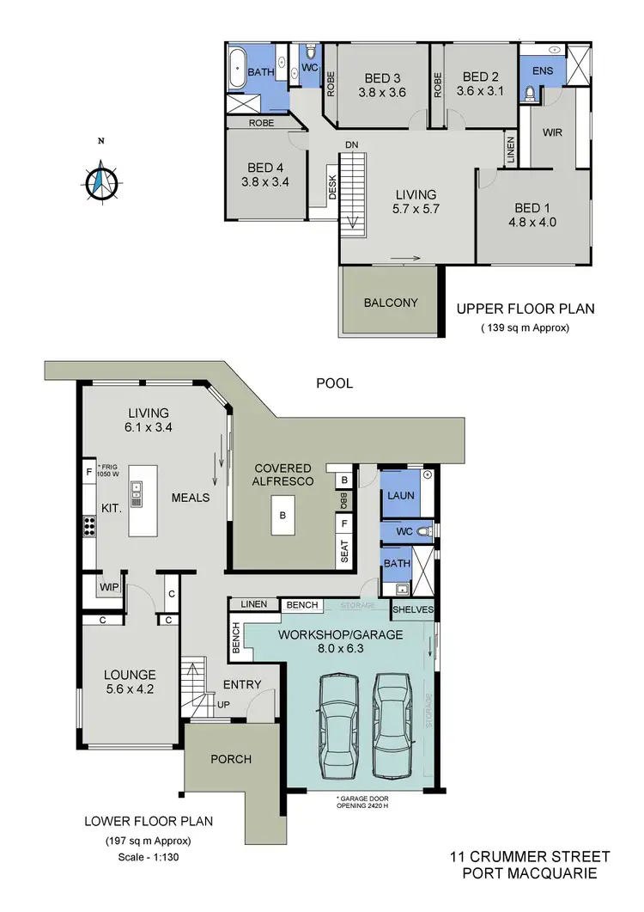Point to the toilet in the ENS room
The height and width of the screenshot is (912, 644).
[x=530, y=94]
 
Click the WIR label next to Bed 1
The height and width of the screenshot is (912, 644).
[x=551, y=133]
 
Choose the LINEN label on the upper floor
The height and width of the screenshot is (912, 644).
[x=511, y=150]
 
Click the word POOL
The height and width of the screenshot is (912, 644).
[x=334, y=384]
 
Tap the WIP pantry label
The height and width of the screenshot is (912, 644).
[x=109, y=588]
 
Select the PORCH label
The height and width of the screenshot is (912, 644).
[x=231, y=759]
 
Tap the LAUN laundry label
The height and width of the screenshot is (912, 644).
[x=401, y=496]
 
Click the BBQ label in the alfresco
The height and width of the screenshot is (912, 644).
[x=344, y=500]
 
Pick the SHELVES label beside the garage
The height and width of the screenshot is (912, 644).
[x=413, y=609]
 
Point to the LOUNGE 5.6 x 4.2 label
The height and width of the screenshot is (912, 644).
[x=130, y=682]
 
